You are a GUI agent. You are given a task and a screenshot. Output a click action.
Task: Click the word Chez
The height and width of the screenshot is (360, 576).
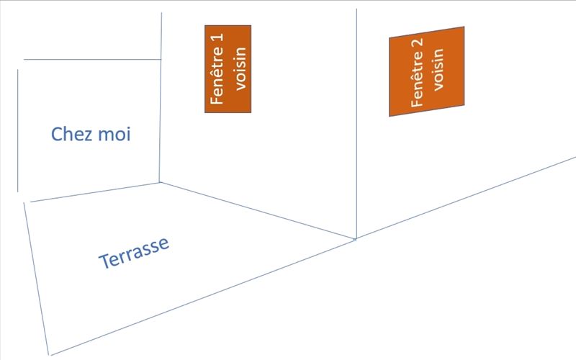(71, 134)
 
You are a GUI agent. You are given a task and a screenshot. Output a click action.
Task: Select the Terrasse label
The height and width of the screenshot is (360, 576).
(135, 252)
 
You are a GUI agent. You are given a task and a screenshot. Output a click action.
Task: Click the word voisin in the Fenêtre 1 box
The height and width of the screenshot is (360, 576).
(240, 68)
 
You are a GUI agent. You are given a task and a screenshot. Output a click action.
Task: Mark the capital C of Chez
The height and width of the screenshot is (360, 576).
(57, 134)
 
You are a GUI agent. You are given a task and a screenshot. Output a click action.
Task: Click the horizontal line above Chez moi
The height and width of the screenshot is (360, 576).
(92, 59)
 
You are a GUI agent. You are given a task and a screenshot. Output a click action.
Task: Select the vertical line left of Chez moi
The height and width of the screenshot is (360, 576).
(17, 130)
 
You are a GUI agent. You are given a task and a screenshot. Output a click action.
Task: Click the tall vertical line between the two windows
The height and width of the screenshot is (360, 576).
(357, 122)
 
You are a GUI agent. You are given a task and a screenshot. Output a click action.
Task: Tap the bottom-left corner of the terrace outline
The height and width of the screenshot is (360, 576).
(50, 354)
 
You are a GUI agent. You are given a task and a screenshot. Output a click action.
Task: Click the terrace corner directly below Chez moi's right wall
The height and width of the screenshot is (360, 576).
(159, 183)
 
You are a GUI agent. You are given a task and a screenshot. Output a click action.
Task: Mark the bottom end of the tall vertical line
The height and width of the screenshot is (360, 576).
(356, 238)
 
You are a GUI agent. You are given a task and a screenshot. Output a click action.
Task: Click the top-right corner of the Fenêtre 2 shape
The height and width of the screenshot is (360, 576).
(464, 27)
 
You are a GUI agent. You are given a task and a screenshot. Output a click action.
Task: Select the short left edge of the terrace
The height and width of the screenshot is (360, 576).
(37, 278)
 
